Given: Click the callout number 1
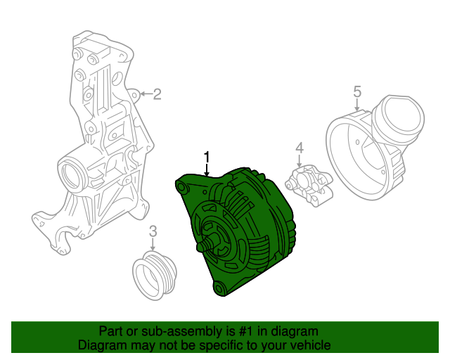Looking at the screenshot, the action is click(x=207, y=158).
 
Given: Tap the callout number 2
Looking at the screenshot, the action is click(x=157, y=94).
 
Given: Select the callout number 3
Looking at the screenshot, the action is click(x=153, y=231).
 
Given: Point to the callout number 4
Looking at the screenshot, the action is click(x=300, y=148).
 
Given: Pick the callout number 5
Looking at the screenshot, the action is click(x=357, y=92).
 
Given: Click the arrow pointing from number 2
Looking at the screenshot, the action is click(x=146, y=94).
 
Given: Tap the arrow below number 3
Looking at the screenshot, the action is click(x=153, y=244).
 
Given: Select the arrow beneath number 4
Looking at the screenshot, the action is click(x=300, y=161).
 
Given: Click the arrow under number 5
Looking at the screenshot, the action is click(x=356, y=105).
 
